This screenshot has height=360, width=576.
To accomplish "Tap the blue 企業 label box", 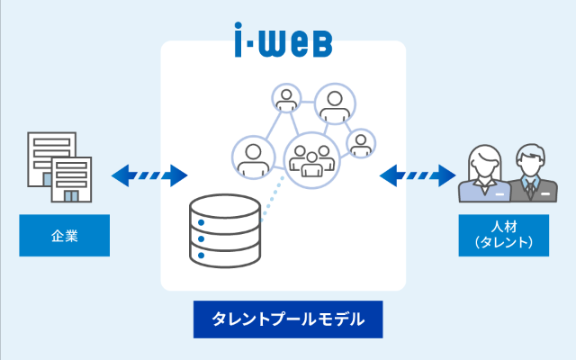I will tap(65, 237).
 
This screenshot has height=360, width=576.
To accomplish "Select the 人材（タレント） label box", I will tap(504, 236).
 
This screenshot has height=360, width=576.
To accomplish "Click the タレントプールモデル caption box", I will tap(287, 319).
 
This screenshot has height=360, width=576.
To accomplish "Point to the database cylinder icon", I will tap(225, 231).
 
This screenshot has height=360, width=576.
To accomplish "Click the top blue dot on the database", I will tap(202, 220).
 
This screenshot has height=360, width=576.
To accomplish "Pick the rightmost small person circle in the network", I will tap(360, 143).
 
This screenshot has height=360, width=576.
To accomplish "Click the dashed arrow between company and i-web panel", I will tap(149, 173).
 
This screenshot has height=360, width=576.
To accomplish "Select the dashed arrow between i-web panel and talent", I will tap(417, 173).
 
